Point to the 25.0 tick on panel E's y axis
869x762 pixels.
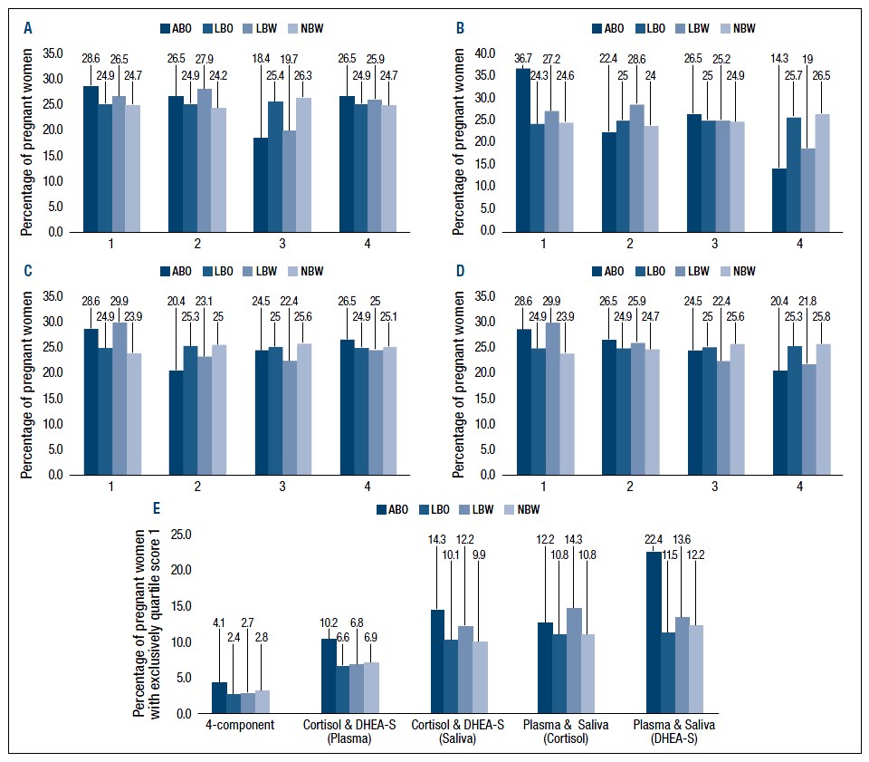pyautogui.click(x=181, y=535)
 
